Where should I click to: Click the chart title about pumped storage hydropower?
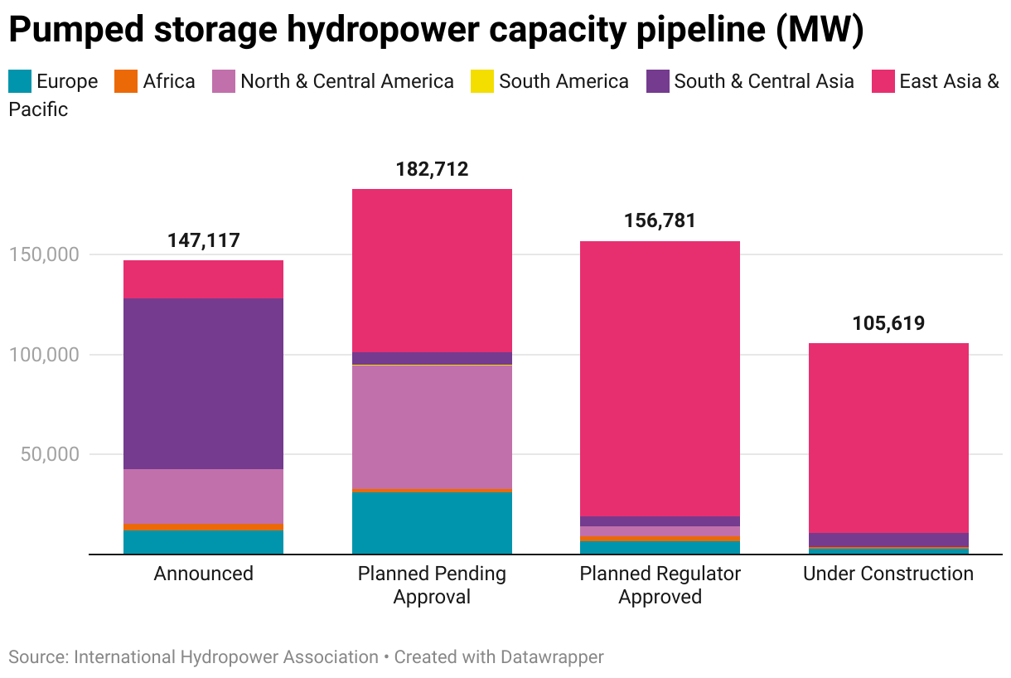click(x=436, y=31)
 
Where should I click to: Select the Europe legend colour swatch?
click(x=20, y=81)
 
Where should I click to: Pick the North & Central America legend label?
click(x=346, y=81)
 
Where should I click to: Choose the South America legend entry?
click(x=564, y=81)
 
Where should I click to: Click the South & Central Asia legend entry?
click(x=763, y=81)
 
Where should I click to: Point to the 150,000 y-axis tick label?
click(x=44, y=254)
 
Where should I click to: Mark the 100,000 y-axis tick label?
click(x=44, y=355)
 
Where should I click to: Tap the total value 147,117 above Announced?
click(x=203, y=241)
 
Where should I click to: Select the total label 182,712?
click(x=432, y=170)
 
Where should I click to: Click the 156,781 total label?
click(x=660, y=221)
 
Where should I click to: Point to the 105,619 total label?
click(x=888, y=323)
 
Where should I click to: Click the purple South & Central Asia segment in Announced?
click(x=203, y=383)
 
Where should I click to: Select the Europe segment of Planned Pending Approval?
click(x=432, y=523)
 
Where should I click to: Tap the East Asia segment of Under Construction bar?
click(x=888, y=438)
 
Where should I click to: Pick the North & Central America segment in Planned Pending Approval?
click(x=432, y=427)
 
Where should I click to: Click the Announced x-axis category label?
click(x=203, y=574)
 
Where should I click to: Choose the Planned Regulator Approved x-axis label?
click(x=660, y=585)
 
